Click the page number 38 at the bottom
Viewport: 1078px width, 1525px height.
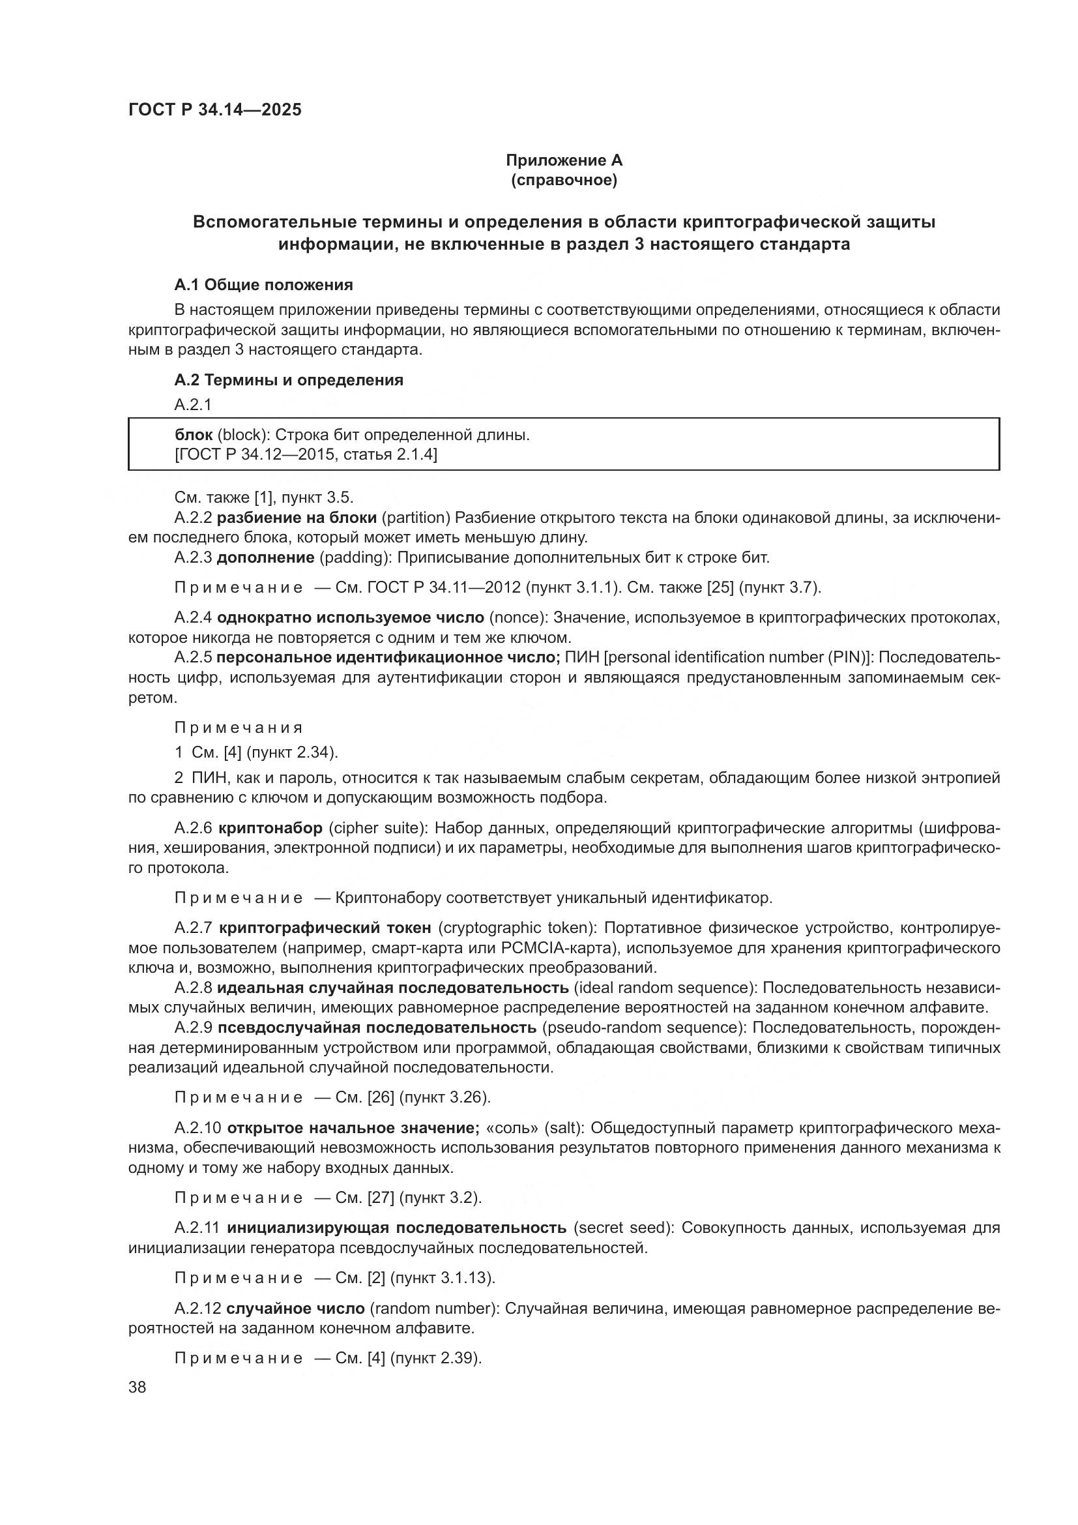click(x=137, y=1387)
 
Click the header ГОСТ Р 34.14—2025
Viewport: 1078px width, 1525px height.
click(x=214, y=110)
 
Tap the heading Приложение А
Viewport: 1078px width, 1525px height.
click(x=564, y=160)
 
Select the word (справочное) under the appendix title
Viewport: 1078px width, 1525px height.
click(x=564, y=180)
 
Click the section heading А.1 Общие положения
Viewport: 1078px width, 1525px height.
click(x=263, y=285)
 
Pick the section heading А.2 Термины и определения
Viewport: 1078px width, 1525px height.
click(x=289, y=380)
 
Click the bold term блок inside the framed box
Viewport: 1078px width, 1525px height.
click(x=193, y=435)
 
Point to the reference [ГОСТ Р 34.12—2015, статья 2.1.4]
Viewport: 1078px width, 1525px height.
click(x=305, y=454)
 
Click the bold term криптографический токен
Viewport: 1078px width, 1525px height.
click(x=325, y=927)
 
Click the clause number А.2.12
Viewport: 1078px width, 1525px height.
click(x=197, y=1309)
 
